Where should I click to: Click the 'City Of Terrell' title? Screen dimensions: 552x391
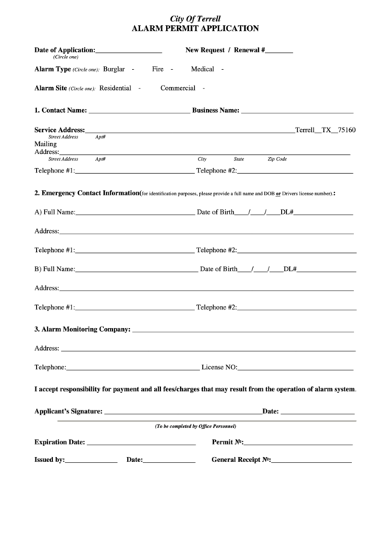pyautogui.click(x=195, y=18)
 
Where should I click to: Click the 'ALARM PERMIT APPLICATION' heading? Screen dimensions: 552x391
pyautogui.click(x=195, y=28)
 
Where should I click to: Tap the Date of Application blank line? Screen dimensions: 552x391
pyautogui.click(x=128, y=51)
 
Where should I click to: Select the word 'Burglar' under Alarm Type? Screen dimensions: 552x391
pyautogui.click(x=114, y=69)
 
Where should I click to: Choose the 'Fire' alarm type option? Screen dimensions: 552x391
pyautogui.click(x=157, y=69)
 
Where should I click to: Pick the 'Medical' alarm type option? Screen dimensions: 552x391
pyautogui.click(x=202, y=69)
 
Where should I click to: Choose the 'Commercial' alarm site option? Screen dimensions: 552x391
pyautogui.click(x=177, y=88)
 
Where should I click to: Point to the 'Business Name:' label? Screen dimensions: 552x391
pyautogui.click(x=215, y=111)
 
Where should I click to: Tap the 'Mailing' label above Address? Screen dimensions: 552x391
pyautogui.click(x=46, y=144)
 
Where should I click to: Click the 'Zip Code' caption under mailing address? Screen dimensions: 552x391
pyautogui.click(x=277, y=159)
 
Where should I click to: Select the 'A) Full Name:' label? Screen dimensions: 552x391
pyautogui.click(x=55, y=212)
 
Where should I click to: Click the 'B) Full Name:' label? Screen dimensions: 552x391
pyautogui.click(x=55, y=269)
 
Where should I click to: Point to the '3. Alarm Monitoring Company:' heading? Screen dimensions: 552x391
pyautogui.click(x=83, y=329)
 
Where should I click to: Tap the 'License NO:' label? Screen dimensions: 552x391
pyautogui.click(x=219, y=367)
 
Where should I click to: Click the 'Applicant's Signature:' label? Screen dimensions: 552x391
pyautogui.click(x=69, y=410)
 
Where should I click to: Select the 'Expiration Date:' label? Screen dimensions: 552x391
pyautogui.click(x=60, y=443)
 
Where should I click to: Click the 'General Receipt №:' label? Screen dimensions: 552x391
pyautogui.click(x=241, y=460)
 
